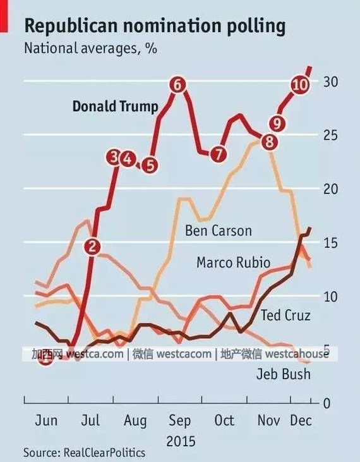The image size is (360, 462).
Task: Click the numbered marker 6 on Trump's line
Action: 178,85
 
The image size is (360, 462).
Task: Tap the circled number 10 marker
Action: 300,85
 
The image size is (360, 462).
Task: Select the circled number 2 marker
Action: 92,246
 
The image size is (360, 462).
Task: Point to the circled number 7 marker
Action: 219,154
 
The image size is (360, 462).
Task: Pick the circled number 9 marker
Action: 277,123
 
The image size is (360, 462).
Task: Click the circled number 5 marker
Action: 150,166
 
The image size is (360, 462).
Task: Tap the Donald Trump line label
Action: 116,106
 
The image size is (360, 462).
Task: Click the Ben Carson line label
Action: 219,231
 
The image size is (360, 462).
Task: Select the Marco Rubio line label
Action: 233,262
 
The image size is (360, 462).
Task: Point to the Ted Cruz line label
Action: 285,315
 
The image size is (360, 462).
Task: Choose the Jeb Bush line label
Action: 284,374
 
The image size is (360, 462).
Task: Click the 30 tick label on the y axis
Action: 330,82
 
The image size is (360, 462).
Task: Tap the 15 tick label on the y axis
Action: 330,243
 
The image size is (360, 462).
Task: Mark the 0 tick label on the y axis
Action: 327,403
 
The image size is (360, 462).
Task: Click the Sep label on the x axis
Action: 179,421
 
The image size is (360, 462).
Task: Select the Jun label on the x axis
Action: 46,420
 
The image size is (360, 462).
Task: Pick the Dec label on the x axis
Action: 301,420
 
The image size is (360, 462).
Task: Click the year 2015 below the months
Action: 181,441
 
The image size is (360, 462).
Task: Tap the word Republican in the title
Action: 71,27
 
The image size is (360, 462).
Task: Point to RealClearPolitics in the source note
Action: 104,453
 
